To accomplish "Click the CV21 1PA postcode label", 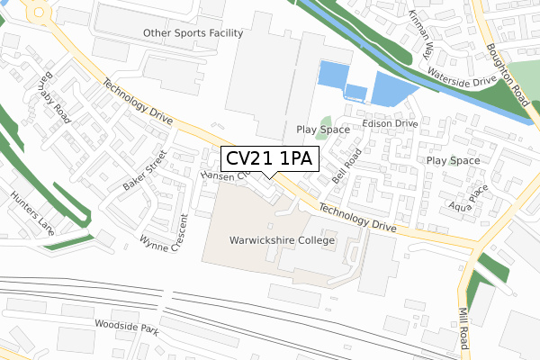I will coord(267,159).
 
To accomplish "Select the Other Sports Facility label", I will coord(193,33).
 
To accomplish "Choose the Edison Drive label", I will coord(389,123).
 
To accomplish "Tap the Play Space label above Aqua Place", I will coord(453,160).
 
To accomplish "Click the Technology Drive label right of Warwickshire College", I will coord(357,218).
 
